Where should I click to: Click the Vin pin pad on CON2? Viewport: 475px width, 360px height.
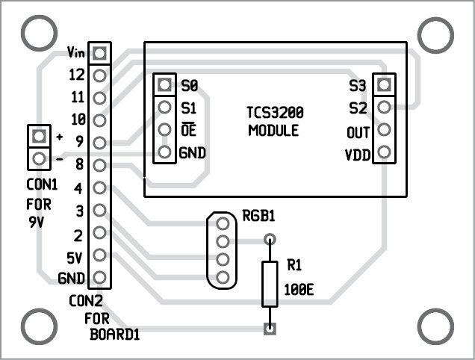100,52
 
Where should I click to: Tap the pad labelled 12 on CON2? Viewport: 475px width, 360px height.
100,74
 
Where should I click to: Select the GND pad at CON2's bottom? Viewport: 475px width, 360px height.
100,279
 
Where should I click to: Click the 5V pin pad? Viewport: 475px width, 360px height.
100,256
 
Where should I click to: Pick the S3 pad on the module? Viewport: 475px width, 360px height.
384,85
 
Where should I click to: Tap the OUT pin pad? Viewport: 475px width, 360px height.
384,131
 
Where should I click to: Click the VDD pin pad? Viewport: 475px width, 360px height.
384,153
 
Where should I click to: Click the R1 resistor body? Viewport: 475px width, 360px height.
270,284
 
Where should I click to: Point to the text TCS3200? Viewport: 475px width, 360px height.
275,114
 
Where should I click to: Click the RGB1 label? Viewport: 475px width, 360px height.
258,217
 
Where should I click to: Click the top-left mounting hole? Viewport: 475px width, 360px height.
37,32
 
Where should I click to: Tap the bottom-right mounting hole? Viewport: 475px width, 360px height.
435,326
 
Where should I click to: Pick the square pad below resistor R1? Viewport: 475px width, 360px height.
270,328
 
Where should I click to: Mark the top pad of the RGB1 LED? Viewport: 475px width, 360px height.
221,223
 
